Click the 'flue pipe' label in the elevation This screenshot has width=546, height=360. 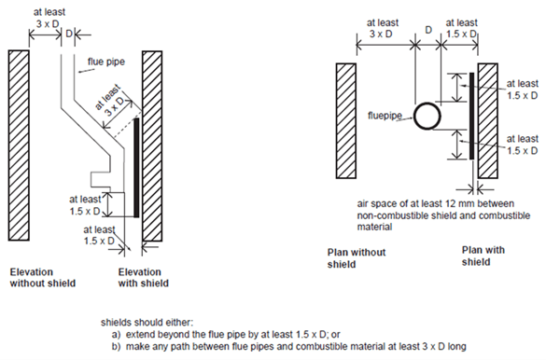105,62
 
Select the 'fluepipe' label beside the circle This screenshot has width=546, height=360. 385,116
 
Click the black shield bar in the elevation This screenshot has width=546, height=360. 136,168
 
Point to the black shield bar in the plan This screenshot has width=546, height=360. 472,116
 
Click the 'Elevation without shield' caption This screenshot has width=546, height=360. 43,278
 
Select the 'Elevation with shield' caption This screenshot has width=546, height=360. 143,278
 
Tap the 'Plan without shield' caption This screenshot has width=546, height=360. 357,258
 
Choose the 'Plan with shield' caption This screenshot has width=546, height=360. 483,256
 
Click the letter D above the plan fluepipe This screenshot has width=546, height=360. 428,30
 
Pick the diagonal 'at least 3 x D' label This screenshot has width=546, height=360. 109,100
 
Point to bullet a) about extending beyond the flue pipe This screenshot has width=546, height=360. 226,335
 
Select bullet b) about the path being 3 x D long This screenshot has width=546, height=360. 288,347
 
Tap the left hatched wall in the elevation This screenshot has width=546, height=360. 19,145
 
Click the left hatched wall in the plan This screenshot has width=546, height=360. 346,120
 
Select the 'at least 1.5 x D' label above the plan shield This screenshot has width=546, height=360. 461,28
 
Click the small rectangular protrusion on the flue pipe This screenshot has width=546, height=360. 100,179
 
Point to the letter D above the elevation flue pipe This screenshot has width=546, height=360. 68,34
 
